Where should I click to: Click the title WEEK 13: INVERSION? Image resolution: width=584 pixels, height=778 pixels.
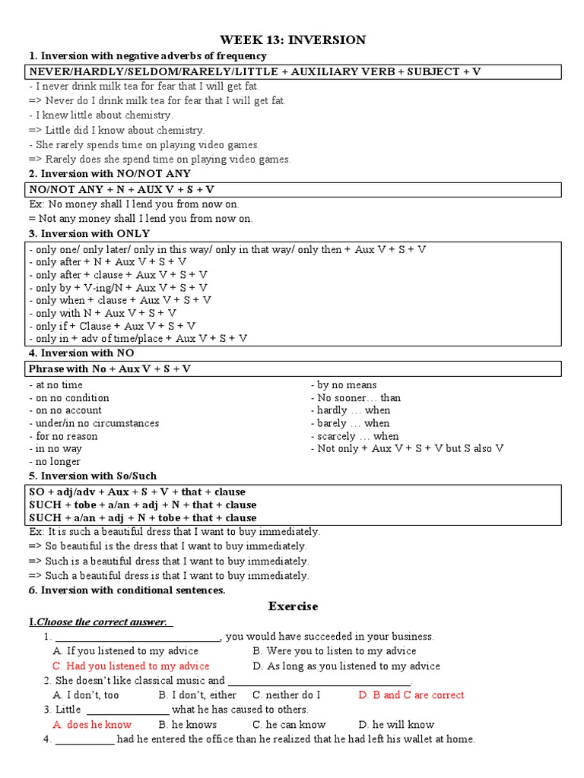pyautogui.click(x=293, y=40)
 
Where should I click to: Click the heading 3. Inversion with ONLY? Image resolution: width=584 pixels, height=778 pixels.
pyautogui.click(x=89, y=233)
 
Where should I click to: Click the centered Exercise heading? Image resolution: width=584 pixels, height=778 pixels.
pyautogui.click(x=293, y=606)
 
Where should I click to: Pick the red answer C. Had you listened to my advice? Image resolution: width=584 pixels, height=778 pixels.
pyautogui.click(x=131, y=666)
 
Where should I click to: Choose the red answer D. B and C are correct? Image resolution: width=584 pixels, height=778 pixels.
pyautogui.click(x=411, y=695)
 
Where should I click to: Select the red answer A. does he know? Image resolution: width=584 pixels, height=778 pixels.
pyautogui.click(x=92, y=725)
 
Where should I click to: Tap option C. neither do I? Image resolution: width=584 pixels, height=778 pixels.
pyautogui.click(x=286, y=695)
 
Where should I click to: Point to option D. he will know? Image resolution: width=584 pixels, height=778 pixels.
pyautogui.click(x=396, y=725)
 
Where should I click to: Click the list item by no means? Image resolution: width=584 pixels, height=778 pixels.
pyautogui.click(x=344, y=385)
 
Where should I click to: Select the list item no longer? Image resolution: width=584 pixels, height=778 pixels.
pyautogui.click(x=55, y=462)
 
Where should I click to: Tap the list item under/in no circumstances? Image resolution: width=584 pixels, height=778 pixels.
pyautogui.click(x=94, y=423)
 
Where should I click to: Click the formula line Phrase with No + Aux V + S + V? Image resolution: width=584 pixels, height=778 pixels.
pyautogui.click(x=109, y=369)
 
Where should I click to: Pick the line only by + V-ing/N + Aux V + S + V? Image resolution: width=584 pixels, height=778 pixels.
pyautogui.click(x=118, y=288)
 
